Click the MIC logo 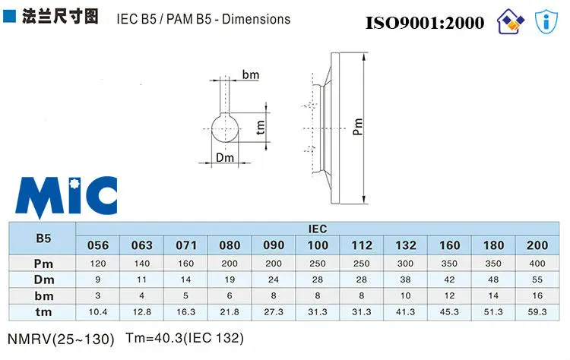tap(66, 197)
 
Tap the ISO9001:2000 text tap(425, 23)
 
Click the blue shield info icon tap(546, 22)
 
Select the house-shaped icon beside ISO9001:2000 tap(511, 21)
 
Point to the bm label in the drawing tap(251, 75)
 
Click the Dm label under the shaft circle tap(225, 158)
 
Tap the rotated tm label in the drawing tap(260, 127)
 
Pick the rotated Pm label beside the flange tap(358, 126)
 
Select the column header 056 tap(98, 245)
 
